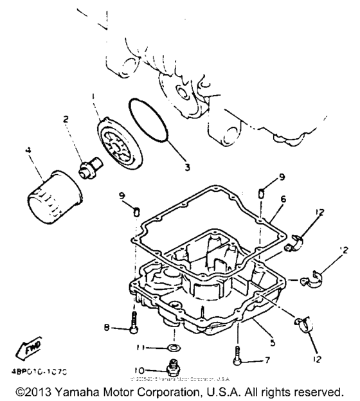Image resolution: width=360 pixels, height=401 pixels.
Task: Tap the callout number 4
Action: pyautogui.click(x=28, y=152)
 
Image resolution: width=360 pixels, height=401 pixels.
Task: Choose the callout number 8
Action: pyautogui.click(x=107, y=328)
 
